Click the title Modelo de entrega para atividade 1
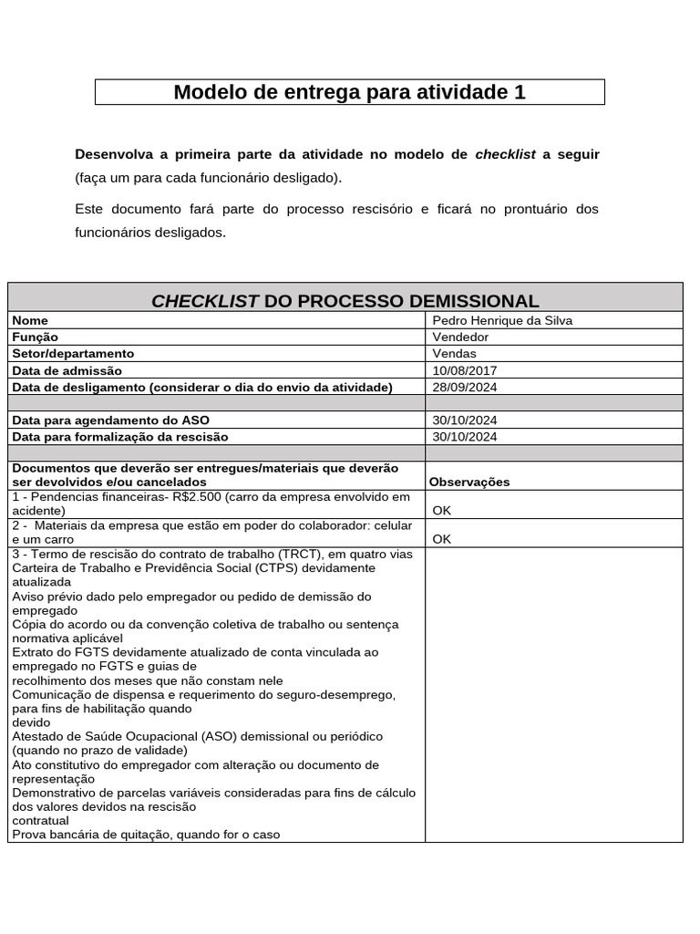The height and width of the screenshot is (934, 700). (x=349, y=92)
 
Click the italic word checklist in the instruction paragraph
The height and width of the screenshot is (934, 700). (x=505, y=154)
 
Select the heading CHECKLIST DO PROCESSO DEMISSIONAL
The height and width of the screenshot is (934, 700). (x=345, y=301)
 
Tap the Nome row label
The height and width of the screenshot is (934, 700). (x=30, y=321)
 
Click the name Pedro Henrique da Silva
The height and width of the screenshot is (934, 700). (x=502, y=321)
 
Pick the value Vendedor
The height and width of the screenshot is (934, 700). (x=460, y=337)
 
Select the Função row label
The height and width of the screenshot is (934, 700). (x=36, y=337)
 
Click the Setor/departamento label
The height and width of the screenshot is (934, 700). (x=73, y=354)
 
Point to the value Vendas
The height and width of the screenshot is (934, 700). (x=454, y=354)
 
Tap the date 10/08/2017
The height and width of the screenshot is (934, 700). (x=465, y=370)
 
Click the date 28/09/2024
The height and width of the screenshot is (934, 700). (x=465, y=387)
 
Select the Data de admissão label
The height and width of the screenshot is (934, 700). (x=67, y=370)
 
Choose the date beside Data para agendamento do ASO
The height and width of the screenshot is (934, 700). (x=465, y=420)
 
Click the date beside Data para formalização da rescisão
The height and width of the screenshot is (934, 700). (x=465, y=437)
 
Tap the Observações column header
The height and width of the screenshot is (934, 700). (x=469, y=482)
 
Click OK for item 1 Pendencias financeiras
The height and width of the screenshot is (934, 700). (x=442, y=511)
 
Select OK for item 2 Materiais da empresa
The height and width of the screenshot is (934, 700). (x=442, y=539)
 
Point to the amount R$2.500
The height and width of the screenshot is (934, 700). (x=194, y=497)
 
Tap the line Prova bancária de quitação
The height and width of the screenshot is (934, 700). (x=146, y=834)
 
